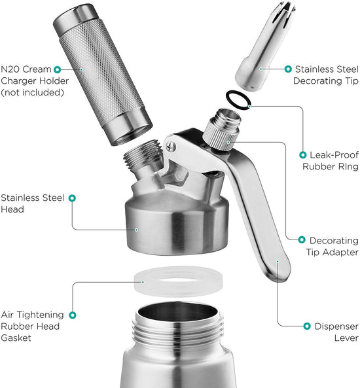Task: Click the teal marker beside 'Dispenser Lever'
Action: [306, 325]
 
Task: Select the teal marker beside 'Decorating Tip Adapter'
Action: [302, 241]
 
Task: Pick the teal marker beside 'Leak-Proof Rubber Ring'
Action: [302, 154]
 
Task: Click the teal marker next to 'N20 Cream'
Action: [58, 69]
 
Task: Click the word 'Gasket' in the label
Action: [18, 338]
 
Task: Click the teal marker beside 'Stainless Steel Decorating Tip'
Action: [287, 69]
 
